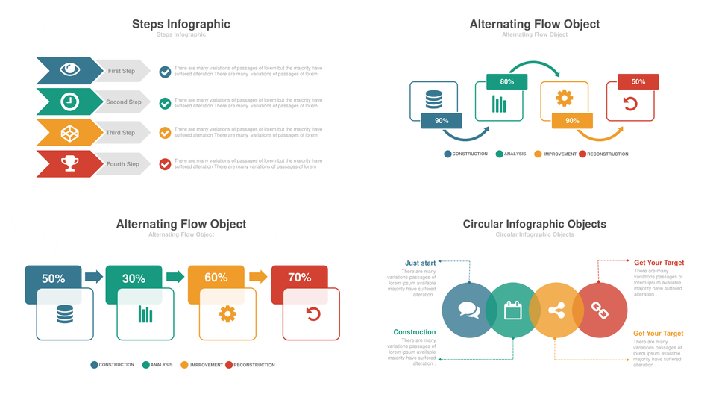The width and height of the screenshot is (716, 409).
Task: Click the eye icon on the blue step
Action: pos(70,70)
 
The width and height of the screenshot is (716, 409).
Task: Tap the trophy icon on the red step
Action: pos(70,163)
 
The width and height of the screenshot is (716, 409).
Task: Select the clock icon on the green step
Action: pos(69,102)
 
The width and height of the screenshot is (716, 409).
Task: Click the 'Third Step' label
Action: pos(120,133)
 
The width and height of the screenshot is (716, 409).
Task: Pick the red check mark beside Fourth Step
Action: pos(165,164)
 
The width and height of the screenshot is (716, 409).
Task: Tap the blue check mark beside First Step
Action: pos(165,72)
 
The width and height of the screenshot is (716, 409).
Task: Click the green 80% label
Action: pos(506,82)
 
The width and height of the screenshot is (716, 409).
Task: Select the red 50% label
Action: pos(638,82)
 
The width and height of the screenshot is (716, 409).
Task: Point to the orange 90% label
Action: pos(572,121)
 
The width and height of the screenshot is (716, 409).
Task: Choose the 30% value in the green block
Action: pos(134,278)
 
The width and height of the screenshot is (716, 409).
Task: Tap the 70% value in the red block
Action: pos(299,278)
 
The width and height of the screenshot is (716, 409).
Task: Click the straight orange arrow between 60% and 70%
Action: pos(258,277)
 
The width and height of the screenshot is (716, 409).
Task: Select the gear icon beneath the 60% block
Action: pos(227,314)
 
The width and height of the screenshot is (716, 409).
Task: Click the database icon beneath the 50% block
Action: pos(65,314)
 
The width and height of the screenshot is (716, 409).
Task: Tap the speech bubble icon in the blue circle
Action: pos(468,310)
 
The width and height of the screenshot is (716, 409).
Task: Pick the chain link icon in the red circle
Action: pos(600,310)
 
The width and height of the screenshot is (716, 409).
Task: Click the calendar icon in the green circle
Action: pos(512,310)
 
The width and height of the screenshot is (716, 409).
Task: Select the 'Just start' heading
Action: pos(420,263)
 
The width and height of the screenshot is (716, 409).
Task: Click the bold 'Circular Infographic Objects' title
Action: pos(534,224)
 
